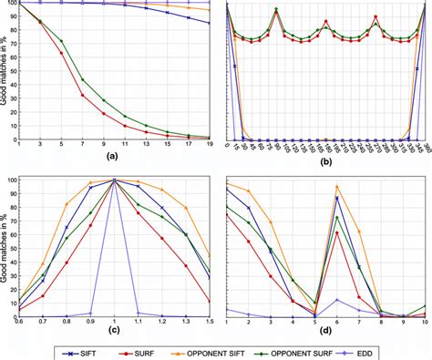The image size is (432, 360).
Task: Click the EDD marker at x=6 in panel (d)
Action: pos(337,299)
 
